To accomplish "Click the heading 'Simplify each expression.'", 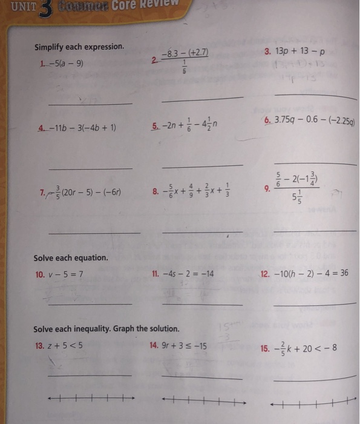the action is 79,47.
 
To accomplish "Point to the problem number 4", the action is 41,128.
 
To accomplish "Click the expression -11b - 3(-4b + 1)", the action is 85,128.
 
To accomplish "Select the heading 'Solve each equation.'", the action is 71,257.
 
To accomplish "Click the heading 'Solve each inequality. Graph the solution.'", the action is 106,329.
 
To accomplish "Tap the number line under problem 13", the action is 91,399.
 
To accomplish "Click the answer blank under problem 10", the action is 90,303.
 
